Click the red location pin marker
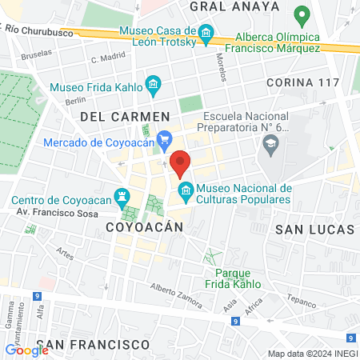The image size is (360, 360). pyautogui.click(x=180, y=163)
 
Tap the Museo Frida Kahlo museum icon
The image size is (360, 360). pyautogui.click(x=154, y=86)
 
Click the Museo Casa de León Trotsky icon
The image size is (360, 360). pyautogui.click(x=206, y=34)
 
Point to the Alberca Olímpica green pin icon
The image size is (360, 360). pyautogui.click(x=302, y=15)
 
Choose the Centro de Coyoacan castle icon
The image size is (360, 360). pyautogui.click(x=122, y=195)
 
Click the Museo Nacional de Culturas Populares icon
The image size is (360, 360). pyautogui.click(x=186, y=190)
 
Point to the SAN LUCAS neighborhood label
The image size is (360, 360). pyautogui.click(x=314, y=230)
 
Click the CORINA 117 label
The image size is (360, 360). pyautogui.click(x=302, y=82)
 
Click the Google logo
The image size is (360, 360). pyautogui.click(x=26, y=350)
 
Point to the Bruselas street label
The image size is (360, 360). pyautogui.click(x=37, y=55)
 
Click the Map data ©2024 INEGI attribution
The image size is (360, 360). pyautogui.click(x=311, y=354)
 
